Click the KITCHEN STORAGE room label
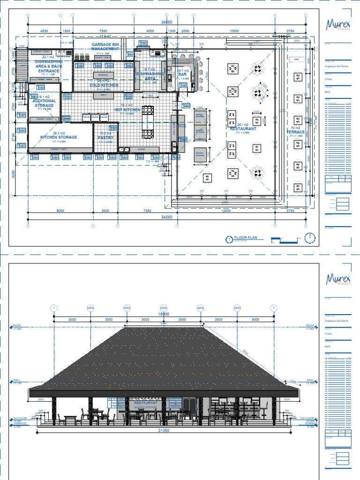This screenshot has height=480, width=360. tap(58, 137)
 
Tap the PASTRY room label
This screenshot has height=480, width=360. tap(105, 138)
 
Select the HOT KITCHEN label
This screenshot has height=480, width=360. tap(127, 110)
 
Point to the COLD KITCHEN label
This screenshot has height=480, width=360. tap(104, 85)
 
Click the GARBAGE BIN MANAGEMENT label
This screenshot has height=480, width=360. tap(105, 46)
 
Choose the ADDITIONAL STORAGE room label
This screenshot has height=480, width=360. tap(45, 103)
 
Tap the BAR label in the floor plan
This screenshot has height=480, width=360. tap(183, 74)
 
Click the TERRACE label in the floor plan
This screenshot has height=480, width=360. tap(295, 132)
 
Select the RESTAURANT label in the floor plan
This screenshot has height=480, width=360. tap(243, 128)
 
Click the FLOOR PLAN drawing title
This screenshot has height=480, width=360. tap(246, 238)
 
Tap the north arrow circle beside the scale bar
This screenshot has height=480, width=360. tap(309, 238)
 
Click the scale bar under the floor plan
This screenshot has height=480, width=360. tap(285, 240)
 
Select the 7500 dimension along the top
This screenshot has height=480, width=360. tap(103, 31)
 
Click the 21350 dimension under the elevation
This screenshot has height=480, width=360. tap(164, 430)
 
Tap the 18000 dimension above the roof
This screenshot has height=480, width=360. tap(164, 314)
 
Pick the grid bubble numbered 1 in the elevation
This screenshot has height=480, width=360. tap(54, 307)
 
